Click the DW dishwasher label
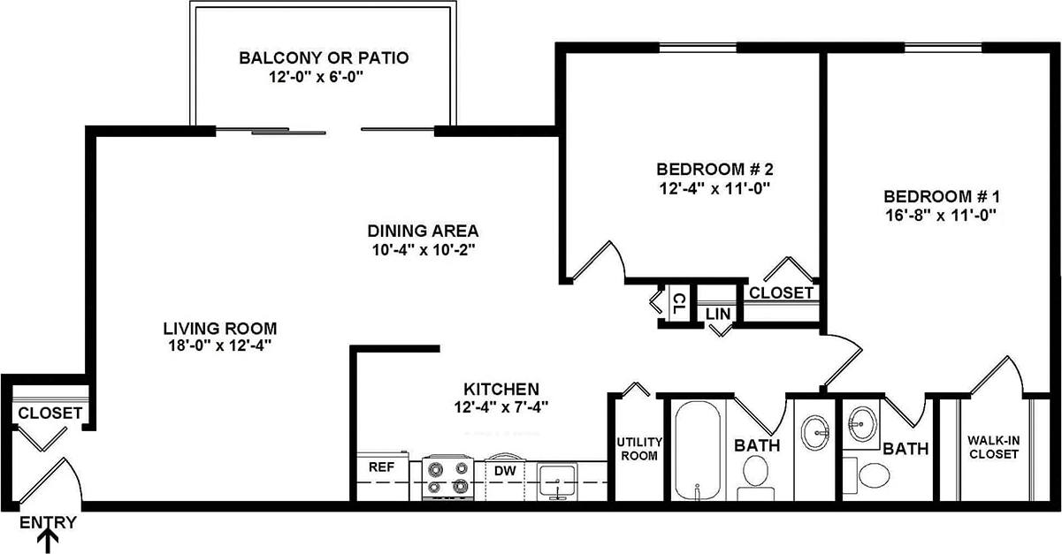505,471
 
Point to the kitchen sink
557,481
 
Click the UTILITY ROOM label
638,449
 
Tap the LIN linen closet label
717,313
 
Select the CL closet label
676,304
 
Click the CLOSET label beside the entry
50,413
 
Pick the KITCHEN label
501,389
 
